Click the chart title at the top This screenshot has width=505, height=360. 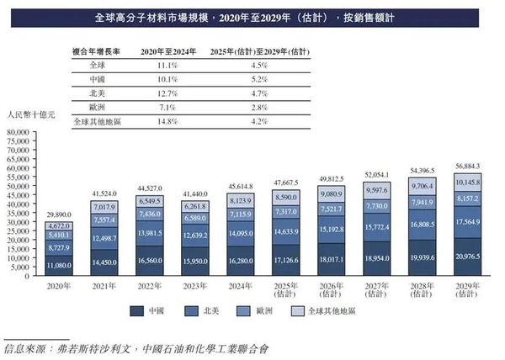pyautogui.click(x=252, y=17)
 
